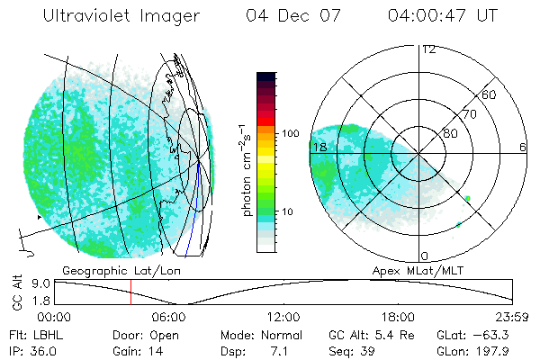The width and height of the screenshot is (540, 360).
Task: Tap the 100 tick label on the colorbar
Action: coord(290,133)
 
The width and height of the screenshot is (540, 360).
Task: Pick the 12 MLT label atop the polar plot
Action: coord(428,49)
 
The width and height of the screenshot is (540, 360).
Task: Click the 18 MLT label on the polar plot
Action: coord(319,146)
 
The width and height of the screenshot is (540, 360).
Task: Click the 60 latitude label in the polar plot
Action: coord(490,94)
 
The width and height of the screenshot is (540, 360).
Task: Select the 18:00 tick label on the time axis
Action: coord(398,318)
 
